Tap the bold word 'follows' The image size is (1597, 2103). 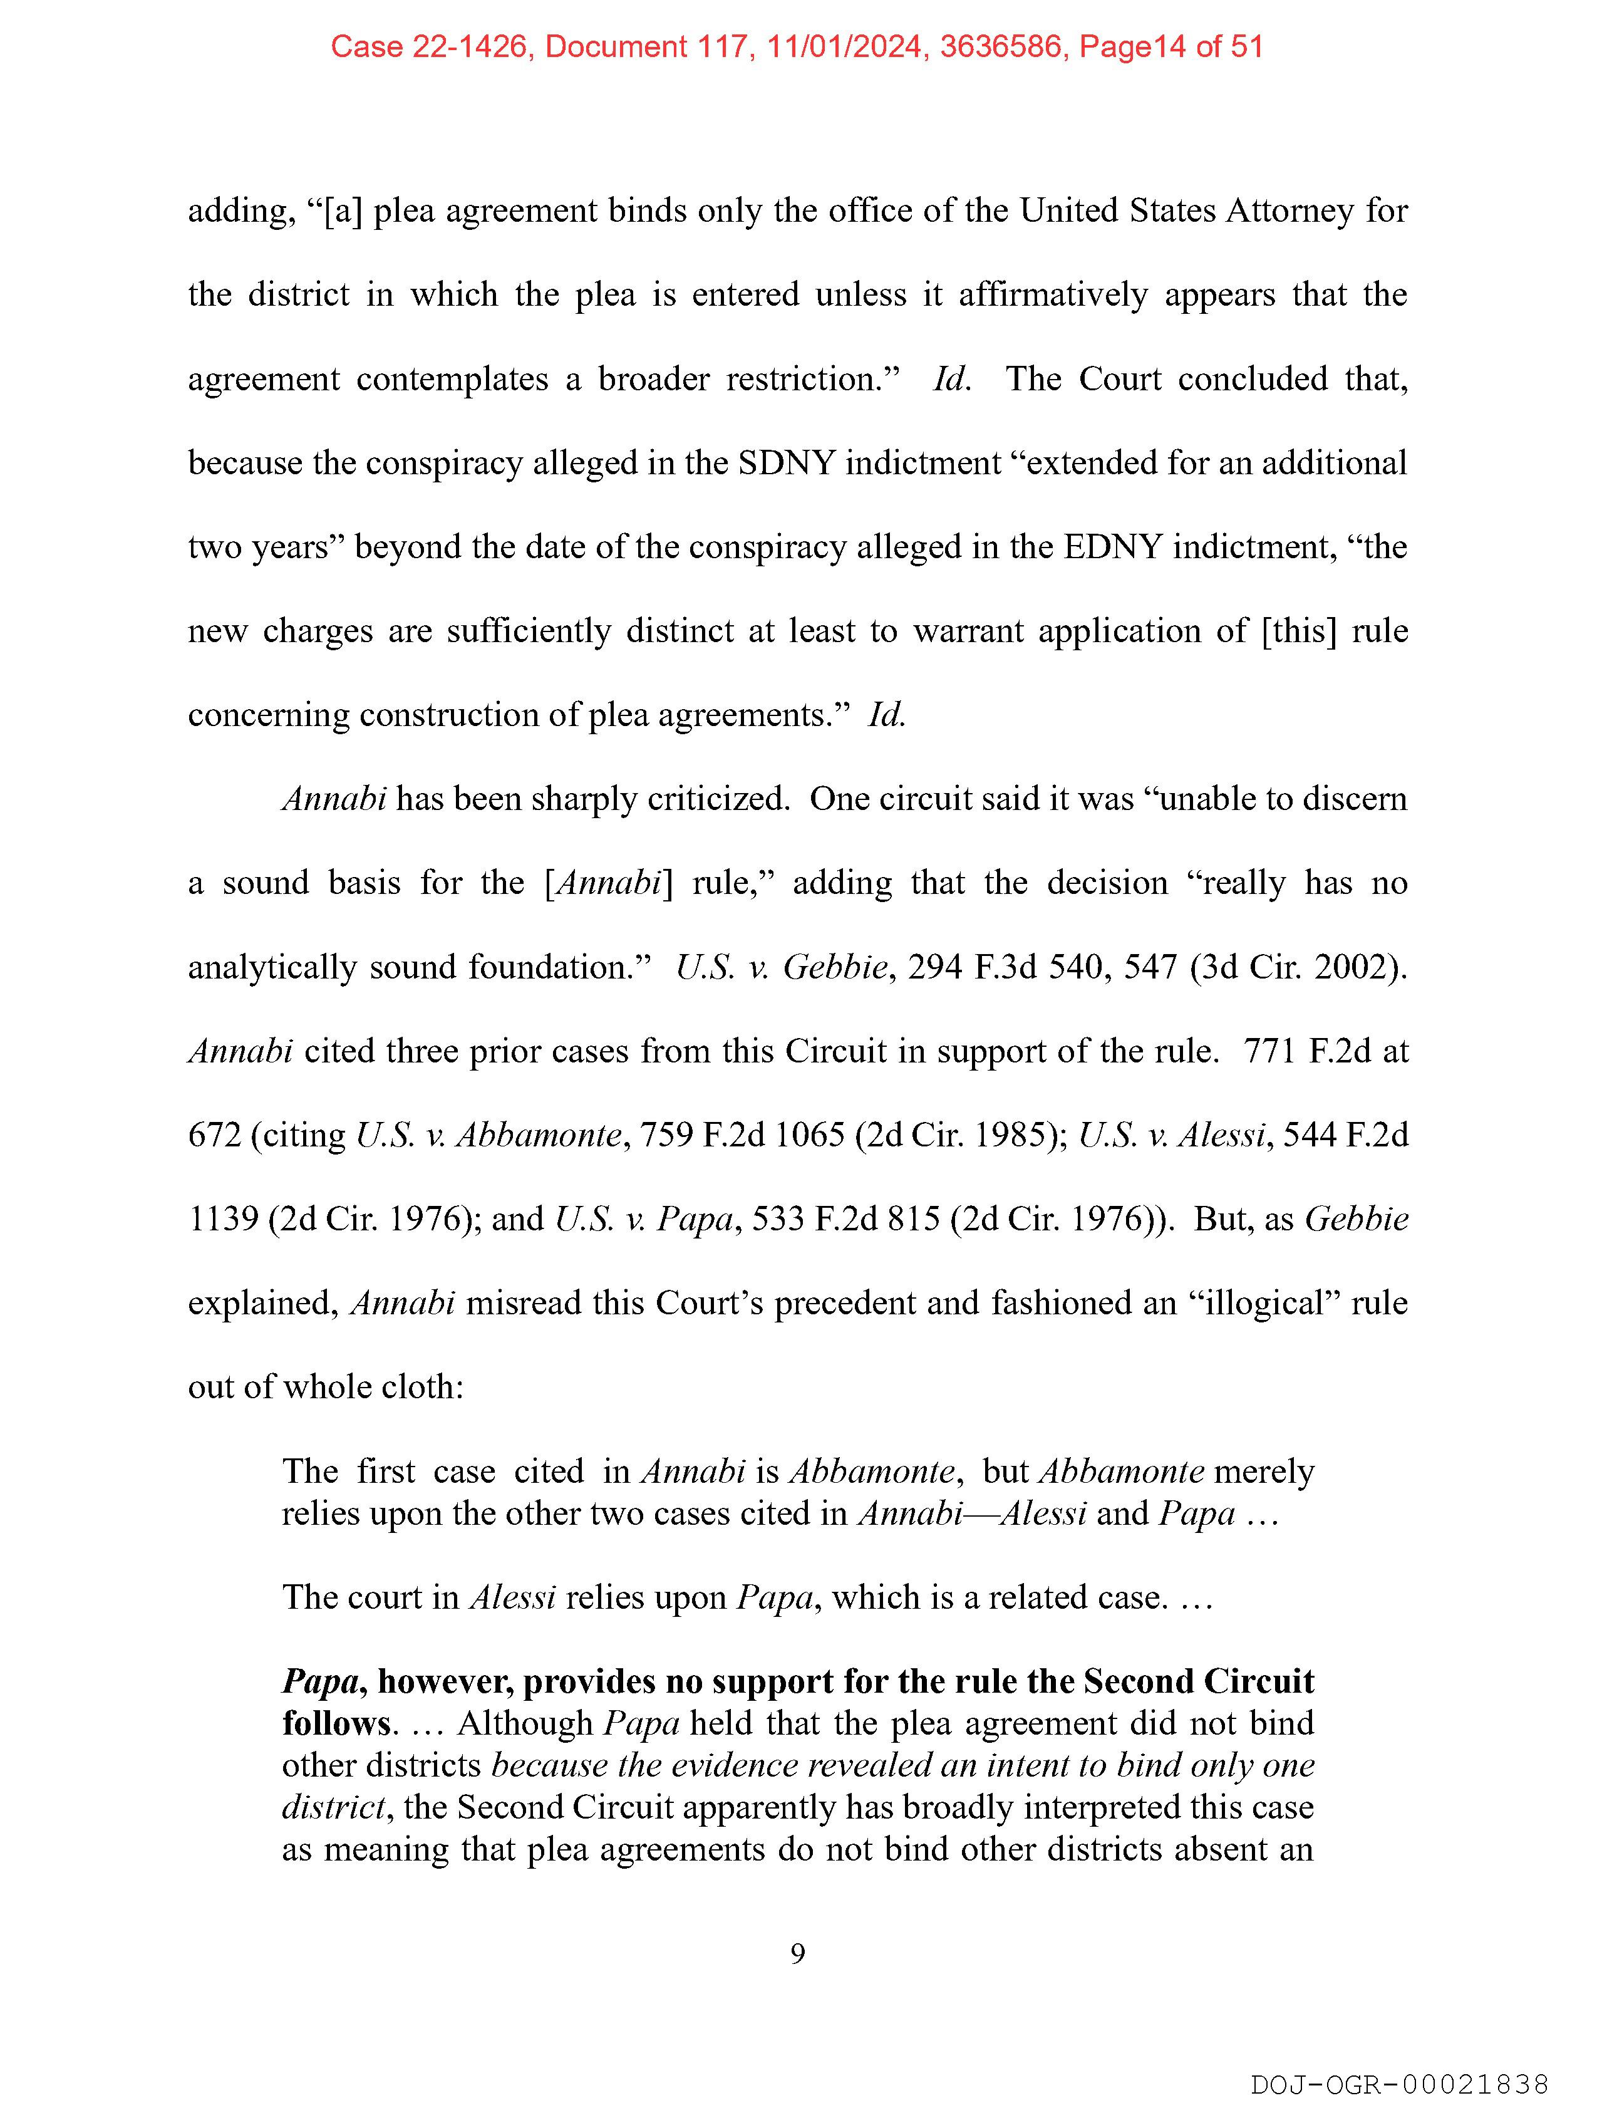pos(336,1723)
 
